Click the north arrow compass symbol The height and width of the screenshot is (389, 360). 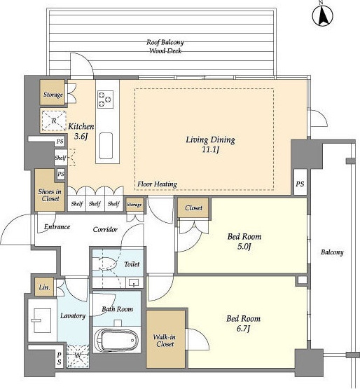pos(323,15)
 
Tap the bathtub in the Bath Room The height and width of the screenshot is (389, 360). pos(117,340)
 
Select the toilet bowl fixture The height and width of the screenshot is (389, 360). pos(104,264)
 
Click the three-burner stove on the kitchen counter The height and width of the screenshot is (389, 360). pos(105,100)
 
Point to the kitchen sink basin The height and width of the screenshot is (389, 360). pos(106,146)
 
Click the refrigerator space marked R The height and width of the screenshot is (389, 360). pos(53,121)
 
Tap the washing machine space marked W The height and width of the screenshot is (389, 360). pos(78,356)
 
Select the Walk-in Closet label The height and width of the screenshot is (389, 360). pos(165,341)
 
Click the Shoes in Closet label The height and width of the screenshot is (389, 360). pos(50,195)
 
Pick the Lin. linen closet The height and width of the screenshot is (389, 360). pos(45,287)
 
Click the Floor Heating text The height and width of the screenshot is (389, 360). pos(157,184)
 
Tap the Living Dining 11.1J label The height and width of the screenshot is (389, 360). pos(211,144)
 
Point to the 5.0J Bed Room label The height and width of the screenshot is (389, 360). pos(244,241)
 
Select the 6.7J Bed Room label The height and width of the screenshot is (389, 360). pos(243,323)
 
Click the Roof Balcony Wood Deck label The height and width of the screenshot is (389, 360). pos(165,46)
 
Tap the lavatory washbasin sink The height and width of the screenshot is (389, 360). pos(42,320)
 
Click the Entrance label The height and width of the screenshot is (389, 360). pos(57,227)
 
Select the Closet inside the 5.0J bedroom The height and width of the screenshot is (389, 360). pos(193,208)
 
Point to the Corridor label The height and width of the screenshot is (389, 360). pos(105,229)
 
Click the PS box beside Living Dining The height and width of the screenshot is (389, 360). pos(300,184)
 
